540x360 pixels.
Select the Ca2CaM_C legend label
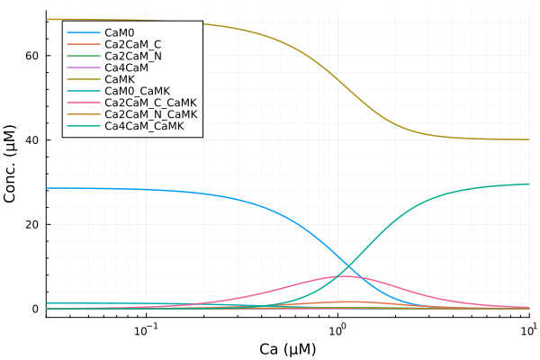[132, 43]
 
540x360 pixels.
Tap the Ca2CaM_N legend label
[132, 55]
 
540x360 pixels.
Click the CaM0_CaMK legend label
[137, 90]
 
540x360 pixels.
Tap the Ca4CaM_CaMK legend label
[144, 125]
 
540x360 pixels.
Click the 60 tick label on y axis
[31, 56]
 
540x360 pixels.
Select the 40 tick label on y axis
[31, 140]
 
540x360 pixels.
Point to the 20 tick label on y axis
[31, 224]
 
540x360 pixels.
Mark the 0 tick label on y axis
[35, 309]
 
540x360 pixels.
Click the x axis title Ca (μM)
[287, 347]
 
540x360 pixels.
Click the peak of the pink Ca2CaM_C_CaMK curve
[344, 276]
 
